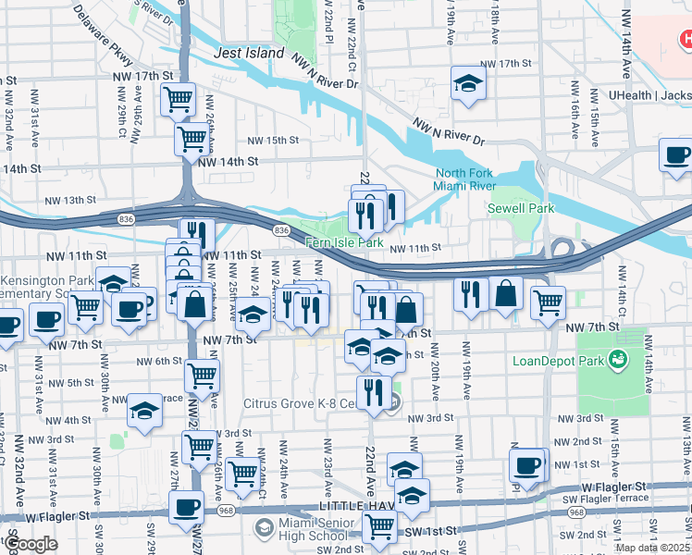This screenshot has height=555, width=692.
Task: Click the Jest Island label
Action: tap(249, 54)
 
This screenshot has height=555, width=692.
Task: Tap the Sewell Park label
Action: tap(521, 208)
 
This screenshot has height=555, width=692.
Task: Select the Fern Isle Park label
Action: tap(344, 242)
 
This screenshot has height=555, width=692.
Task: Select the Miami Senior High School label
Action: tap(301, 530)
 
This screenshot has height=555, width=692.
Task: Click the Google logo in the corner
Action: tap(31, 544)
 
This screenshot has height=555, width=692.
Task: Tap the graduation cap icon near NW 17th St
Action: tap(468, 83)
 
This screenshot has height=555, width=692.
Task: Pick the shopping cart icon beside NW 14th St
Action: tap(192, 139)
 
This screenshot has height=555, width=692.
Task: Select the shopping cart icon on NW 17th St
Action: tap(178, 98)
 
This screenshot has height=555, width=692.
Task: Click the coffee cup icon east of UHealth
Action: tap(676, 155)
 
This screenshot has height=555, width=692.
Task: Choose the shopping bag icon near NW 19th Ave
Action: tap(506, 294)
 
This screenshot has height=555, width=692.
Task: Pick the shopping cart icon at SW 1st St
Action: tap(379, 527)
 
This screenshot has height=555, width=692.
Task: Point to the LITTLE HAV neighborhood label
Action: tap(354, 507)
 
